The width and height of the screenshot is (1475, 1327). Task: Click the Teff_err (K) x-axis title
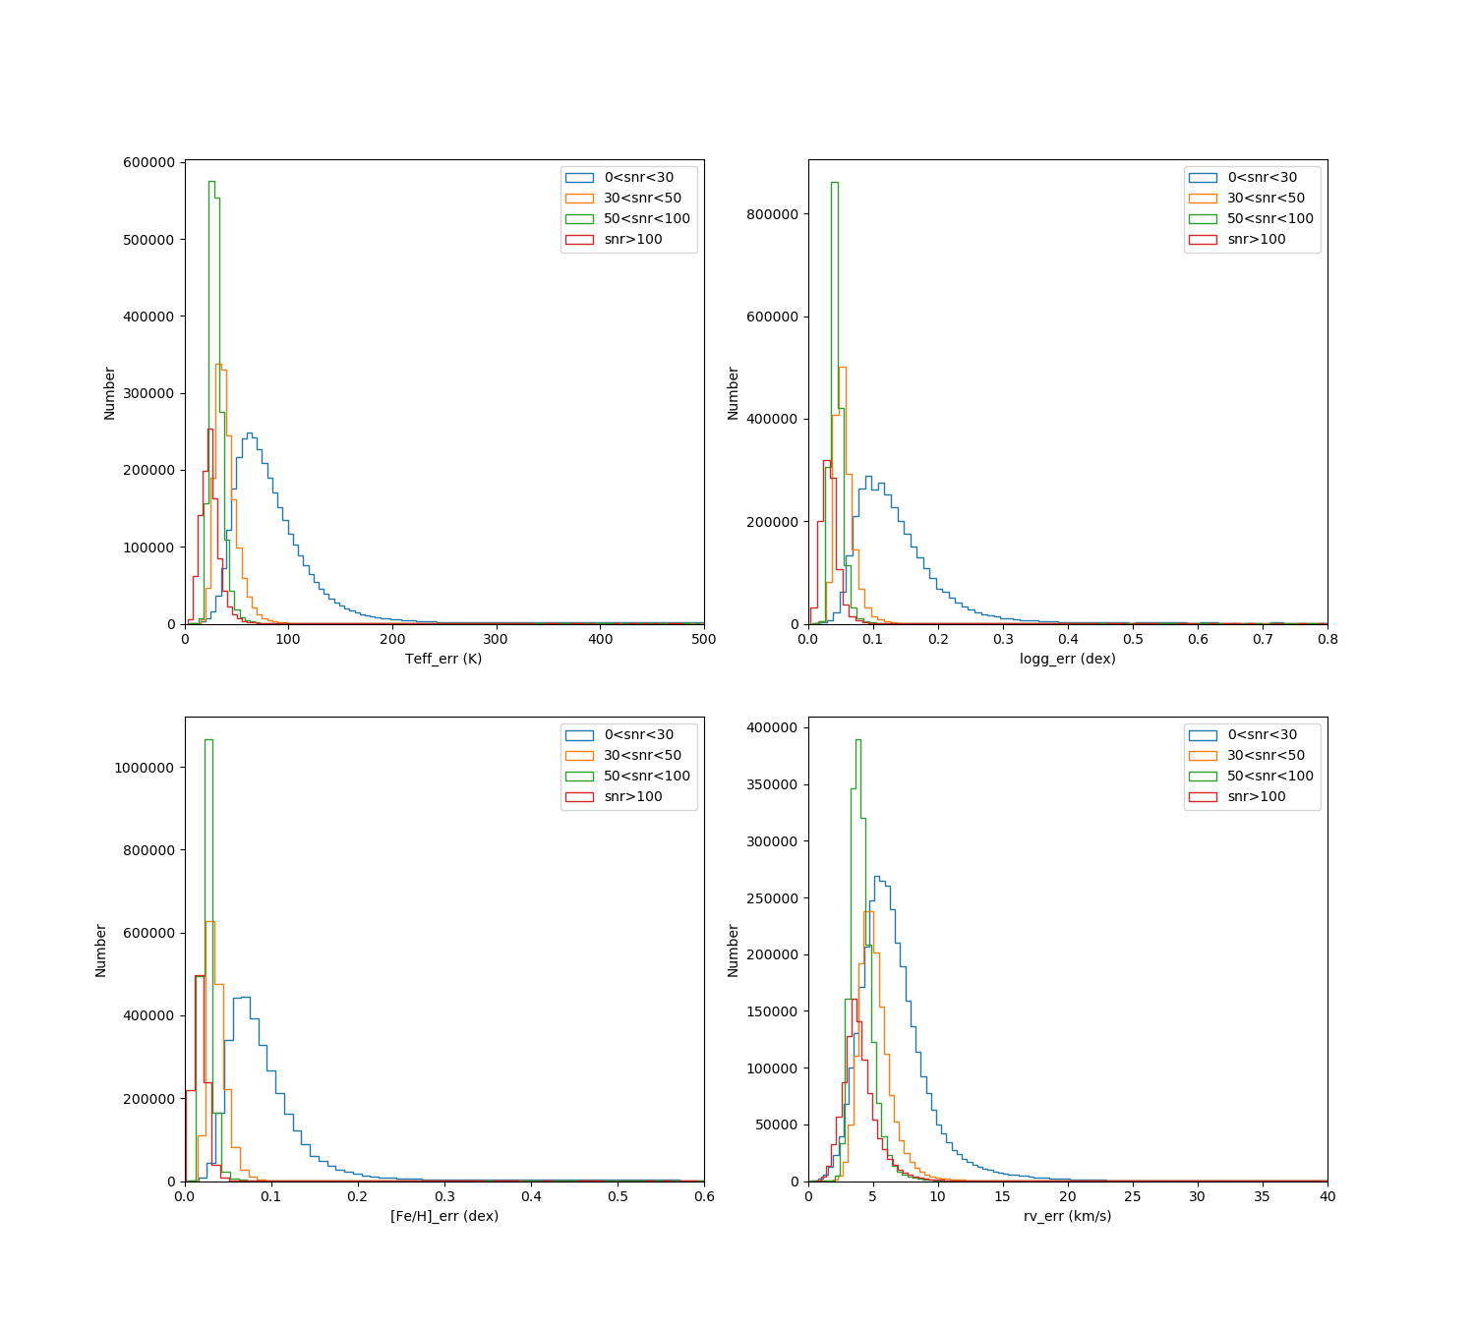click(x=443, y=659)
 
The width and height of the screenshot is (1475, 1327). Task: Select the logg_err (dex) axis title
click(x=1067, y=659)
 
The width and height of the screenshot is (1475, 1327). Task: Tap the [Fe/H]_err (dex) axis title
click(x=443, y=1216)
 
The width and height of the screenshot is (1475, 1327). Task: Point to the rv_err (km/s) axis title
click(x=1067, y=1216)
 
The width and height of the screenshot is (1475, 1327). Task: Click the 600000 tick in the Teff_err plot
click(x=149, y=162)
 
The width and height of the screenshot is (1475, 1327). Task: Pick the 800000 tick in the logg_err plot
click(x=773, y=214)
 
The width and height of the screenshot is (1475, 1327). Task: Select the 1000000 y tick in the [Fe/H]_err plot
click(x=145, y=768)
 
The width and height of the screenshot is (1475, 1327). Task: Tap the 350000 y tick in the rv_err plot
click(x=773, y=784)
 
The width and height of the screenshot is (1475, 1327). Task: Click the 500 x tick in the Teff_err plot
click(x=704, y=639)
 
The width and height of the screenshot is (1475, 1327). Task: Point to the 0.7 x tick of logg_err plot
click(x=1263, y=639)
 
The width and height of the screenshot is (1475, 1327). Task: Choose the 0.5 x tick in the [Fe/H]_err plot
click(x=618, y=1196)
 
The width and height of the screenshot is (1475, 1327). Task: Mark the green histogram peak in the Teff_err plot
click(x=211, y=182)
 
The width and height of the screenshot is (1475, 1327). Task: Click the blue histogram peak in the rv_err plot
click(x=876, y=877)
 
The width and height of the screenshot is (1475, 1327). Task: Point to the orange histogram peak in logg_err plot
click(x=842, y=368)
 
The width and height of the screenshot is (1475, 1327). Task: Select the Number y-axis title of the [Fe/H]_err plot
click(x=101, y=950)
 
